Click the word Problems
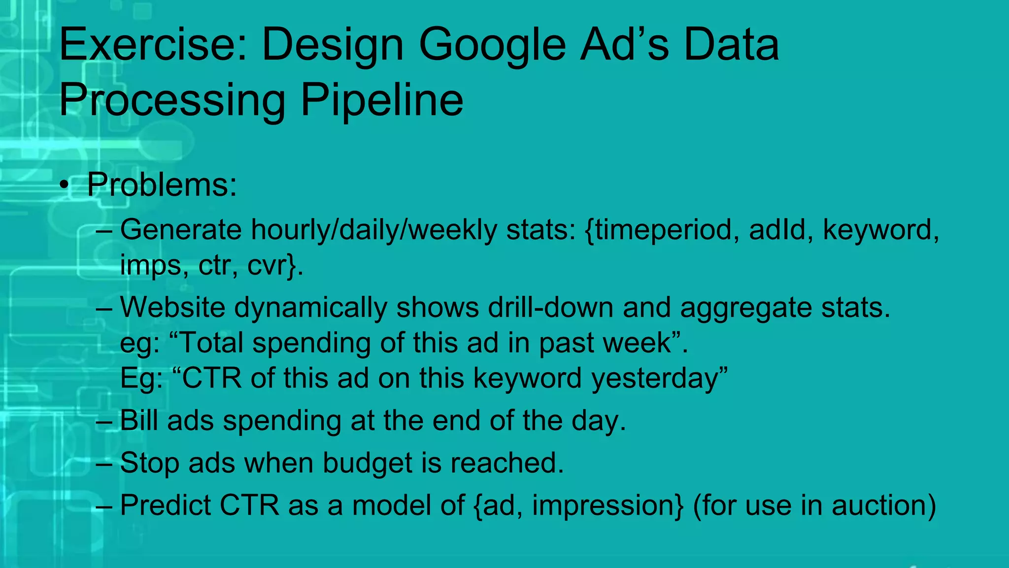tap(162, 185)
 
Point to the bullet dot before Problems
tap(64, 186)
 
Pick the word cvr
tap(267, 266)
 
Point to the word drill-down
tap(550, 307)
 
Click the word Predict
tap(165, 505)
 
